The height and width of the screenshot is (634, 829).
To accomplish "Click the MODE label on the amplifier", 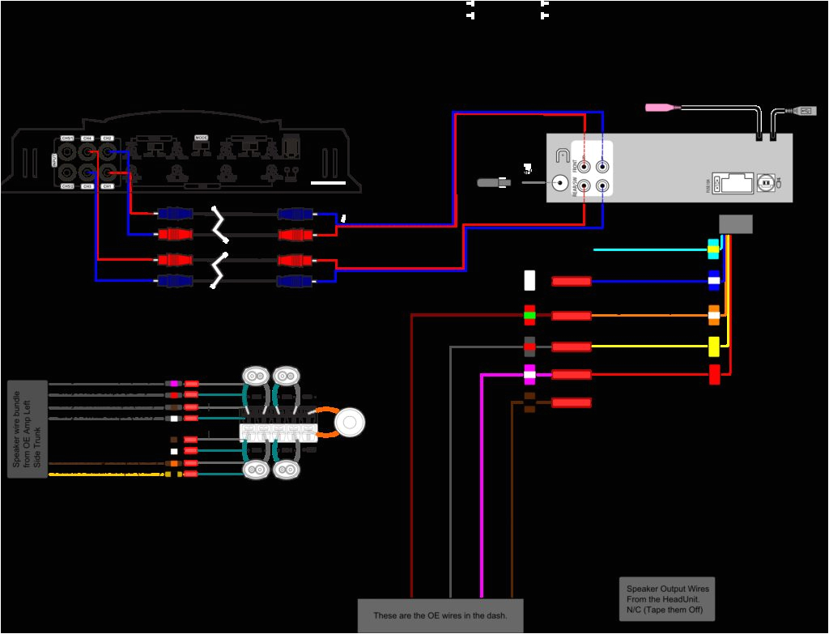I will click(x=202, y=138).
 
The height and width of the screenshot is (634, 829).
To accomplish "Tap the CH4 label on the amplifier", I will click(x=87, y=138).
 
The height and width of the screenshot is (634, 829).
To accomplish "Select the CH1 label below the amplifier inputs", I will click(x=106, y=186).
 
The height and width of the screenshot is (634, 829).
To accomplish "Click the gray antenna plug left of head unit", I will click(x=494, y=183).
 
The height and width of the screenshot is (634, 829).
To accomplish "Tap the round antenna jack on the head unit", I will click(x=559, y=183).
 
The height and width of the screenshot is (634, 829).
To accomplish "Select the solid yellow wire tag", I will click(x=714, y=347).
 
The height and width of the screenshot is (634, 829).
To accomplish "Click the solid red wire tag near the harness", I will click(x=714, y=375).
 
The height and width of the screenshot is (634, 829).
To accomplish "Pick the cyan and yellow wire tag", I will click(x=713, y=249).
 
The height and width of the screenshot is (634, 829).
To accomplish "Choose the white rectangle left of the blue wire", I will click(x=529, y=281).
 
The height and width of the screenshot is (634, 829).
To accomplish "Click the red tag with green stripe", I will click(x=529, y=315).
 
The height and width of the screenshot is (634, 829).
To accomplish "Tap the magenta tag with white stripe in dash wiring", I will click(x=529, y=374).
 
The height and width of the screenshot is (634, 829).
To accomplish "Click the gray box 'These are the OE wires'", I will click(x=440, y=615).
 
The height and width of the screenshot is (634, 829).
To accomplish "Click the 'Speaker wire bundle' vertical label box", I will click(x=28, y=428).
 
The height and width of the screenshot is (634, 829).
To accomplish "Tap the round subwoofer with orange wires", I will click(x=350, y=423).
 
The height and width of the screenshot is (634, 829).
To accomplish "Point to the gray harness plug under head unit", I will click(x=736, y=224).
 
